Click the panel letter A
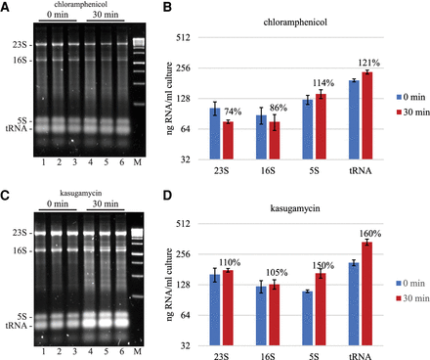5,7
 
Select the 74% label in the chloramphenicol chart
233,112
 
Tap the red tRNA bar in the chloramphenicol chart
367,115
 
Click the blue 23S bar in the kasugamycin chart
215,310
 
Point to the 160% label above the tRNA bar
370,234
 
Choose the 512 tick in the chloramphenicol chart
183,37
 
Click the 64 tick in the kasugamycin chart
185,315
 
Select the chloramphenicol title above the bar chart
295,22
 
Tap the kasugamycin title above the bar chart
295,207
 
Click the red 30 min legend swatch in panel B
399,112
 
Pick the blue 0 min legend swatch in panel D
399,284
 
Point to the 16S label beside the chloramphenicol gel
21,61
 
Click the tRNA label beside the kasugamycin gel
16,326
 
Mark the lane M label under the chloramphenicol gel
138,162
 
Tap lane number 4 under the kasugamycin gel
90,351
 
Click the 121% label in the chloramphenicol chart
369,63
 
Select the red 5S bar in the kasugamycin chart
321,309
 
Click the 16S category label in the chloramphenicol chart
268,170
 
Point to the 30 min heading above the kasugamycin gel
106,203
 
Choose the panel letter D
167,196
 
